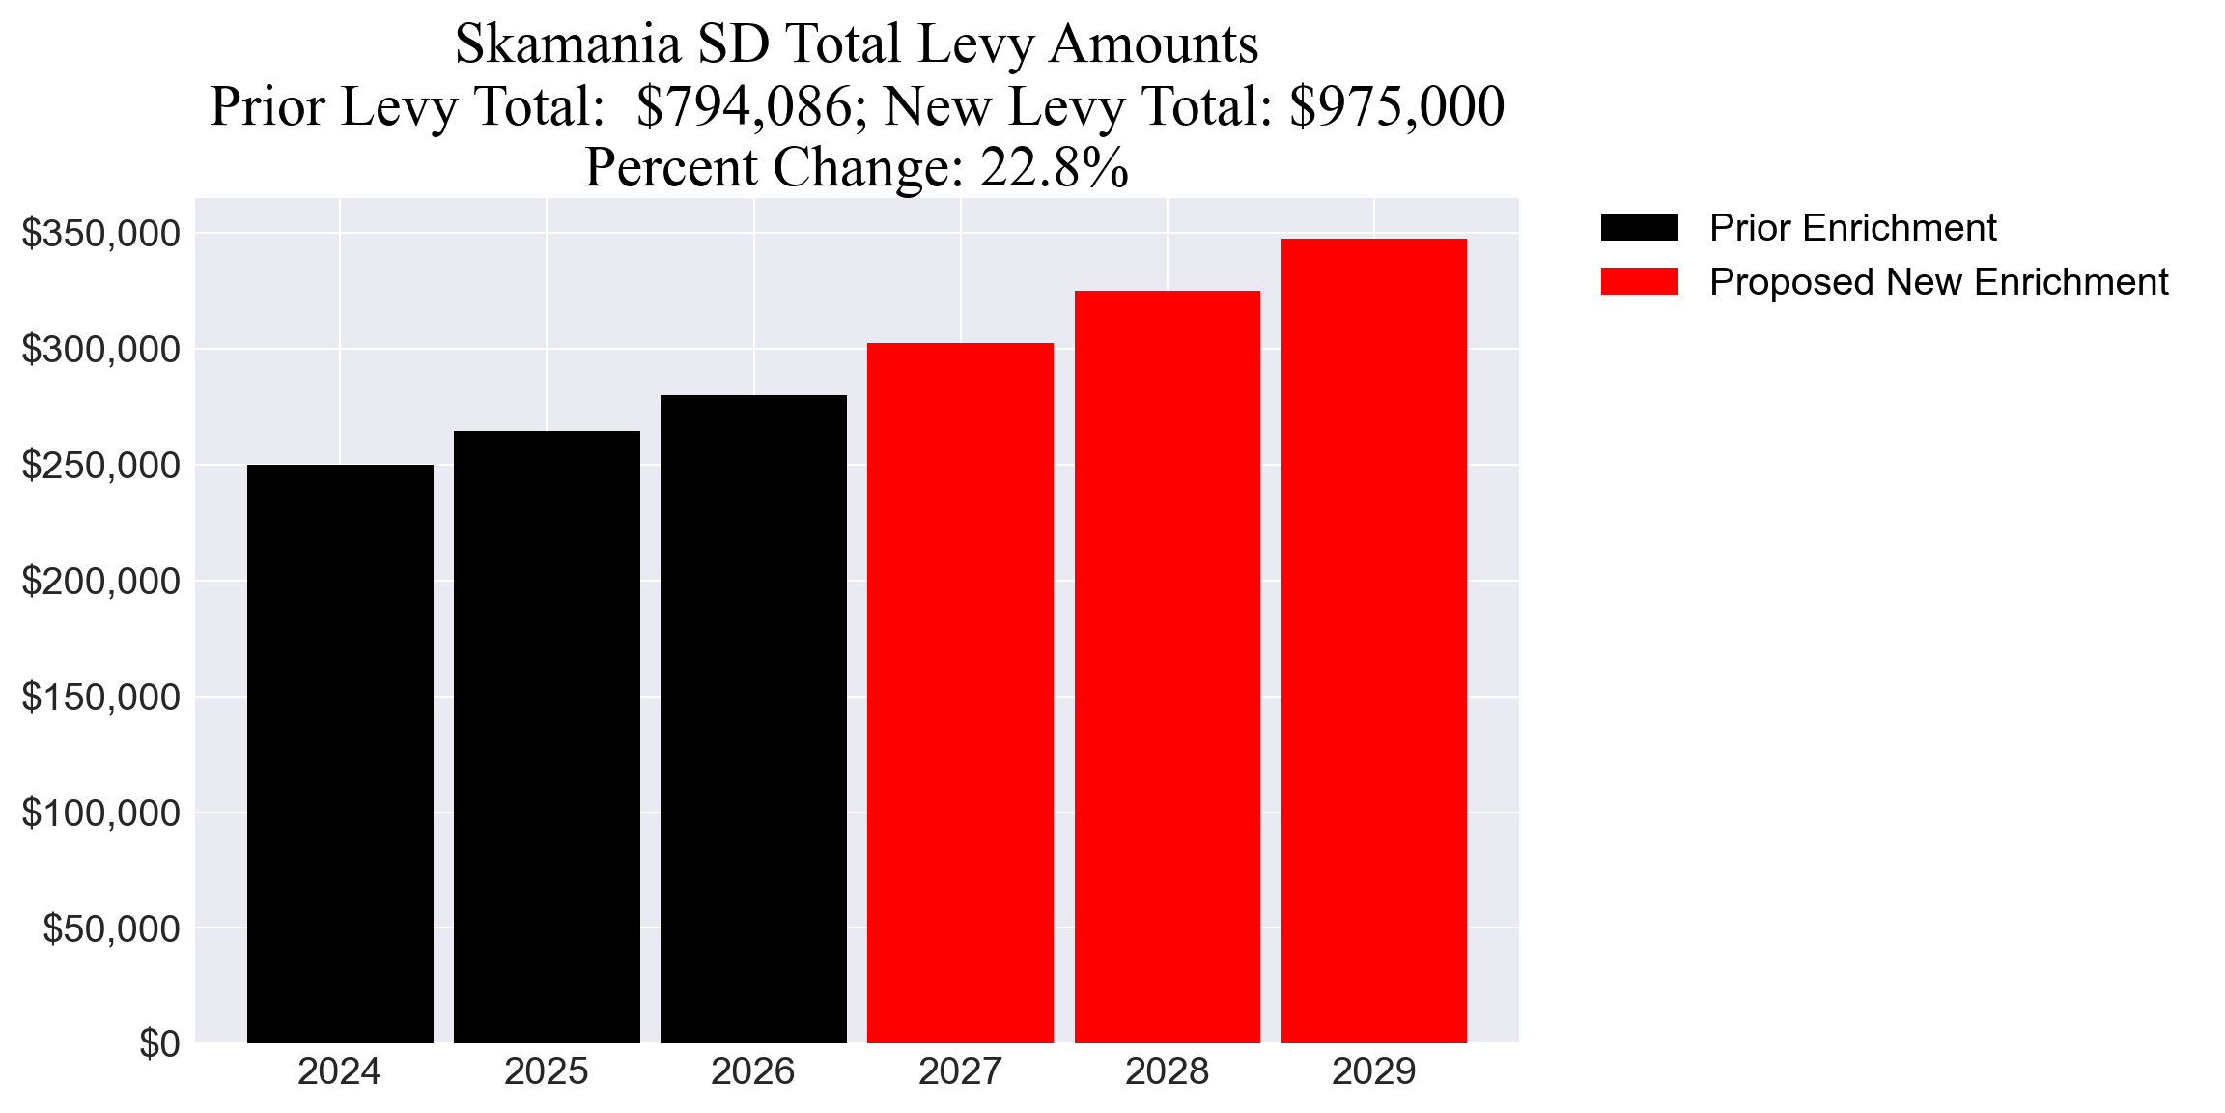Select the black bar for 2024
(x=340, y=754)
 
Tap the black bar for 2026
(x=753, y=719)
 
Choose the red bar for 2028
(x=1167, y=667)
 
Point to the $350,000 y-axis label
(x=101, y=234)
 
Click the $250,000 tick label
(x=101, y=466)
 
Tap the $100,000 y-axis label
(x=101, y=813)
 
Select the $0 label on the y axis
(x=159, y=1044)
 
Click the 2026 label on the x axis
(x=753, y=1072)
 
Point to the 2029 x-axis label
(x=1373, y=1072)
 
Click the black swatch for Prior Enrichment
(x=1639, y=228)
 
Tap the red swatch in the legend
(x=1639, y=282)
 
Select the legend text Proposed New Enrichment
(x=1938, y=282)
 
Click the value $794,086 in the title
(x=743, y=106)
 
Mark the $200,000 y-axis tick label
(x=101, y=582)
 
